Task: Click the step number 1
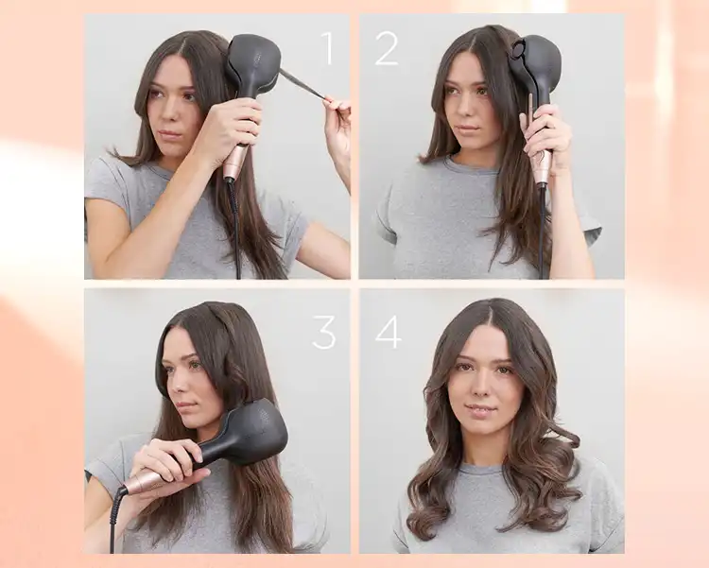[328, 48]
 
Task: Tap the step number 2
[387, 48]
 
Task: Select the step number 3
[323, 333]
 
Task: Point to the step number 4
[388, 333]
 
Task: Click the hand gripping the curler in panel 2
[549, 133]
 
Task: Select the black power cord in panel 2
[542, 232]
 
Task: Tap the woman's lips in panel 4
[481, 410]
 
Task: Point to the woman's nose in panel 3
[178, 384]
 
